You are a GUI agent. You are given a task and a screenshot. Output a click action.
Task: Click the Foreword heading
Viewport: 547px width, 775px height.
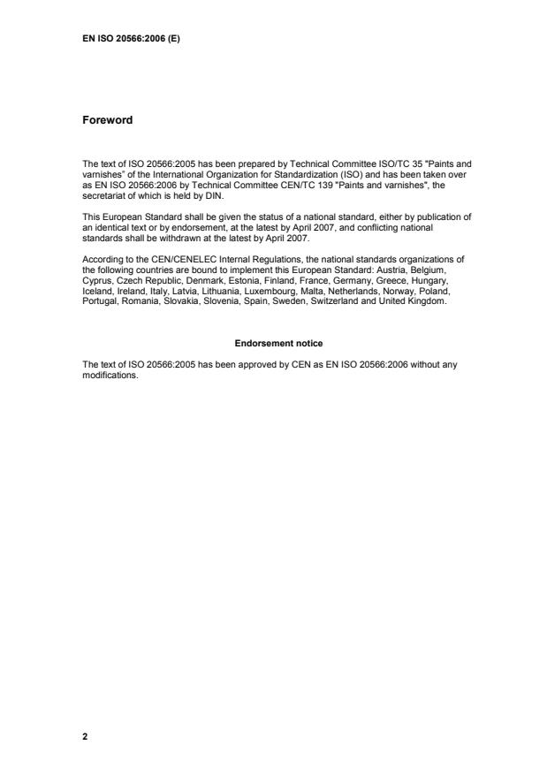pos(107,119)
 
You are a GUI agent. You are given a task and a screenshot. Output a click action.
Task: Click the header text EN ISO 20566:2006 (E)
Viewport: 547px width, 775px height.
pos(131,39)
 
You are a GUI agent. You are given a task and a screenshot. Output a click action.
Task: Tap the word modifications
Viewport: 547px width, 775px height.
pos(110,373)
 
